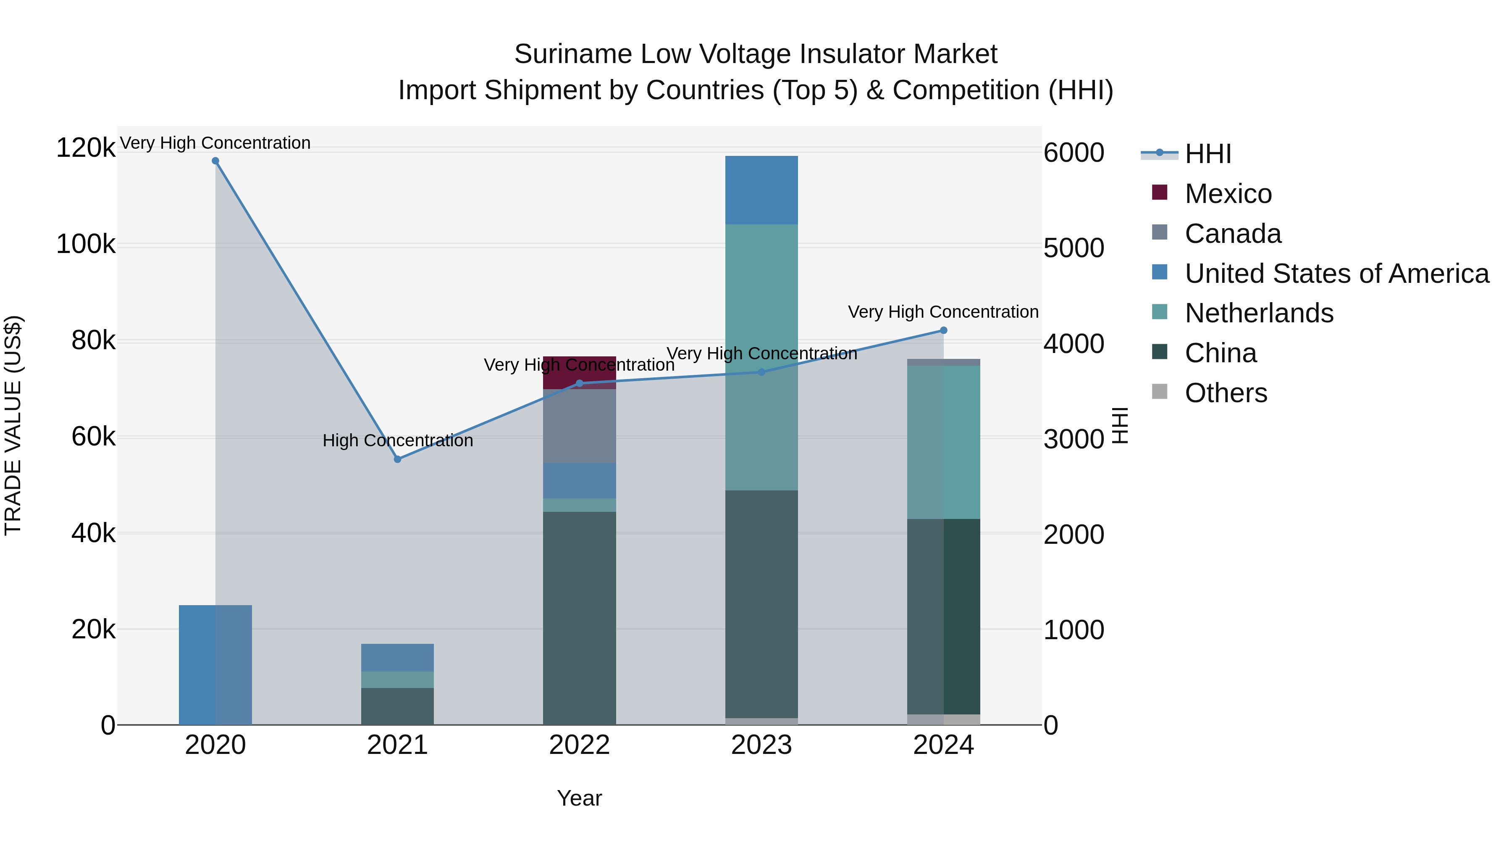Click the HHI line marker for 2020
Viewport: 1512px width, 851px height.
(x=215, y=161)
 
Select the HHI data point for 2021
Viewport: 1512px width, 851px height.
(x=397, y=459)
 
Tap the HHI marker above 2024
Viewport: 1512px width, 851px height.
(x=944, y=330)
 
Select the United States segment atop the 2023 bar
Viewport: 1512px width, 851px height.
(x=761, y=190)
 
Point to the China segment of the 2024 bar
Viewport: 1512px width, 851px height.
(x=944, y=617)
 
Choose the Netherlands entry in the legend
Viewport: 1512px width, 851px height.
(x=1258, y=313)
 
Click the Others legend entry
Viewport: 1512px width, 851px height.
(x=1226, y=393)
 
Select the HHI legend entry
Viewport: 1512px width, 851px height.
(x=1207, y=154)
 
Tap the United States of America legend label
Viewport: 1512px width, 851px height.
(x=1336, y=274)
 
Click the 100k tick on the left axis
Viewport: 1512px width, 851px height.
(x=86, y=244)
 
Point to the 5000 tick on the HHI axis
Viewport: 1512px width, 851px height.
(x=1074, y=248)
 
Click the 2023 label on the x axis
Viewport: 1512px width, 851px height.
(x=761, y=745)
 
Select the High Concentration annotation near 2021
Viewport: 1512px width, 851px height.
(x=397, y=440)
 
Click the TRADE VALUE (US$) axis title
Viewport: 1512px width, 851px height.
(x=13, y=425)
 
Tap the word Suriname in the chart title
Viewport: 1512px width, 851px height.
(x=573, y=54)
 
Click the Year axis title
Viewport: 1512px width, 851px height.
(x=579, y=798)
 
